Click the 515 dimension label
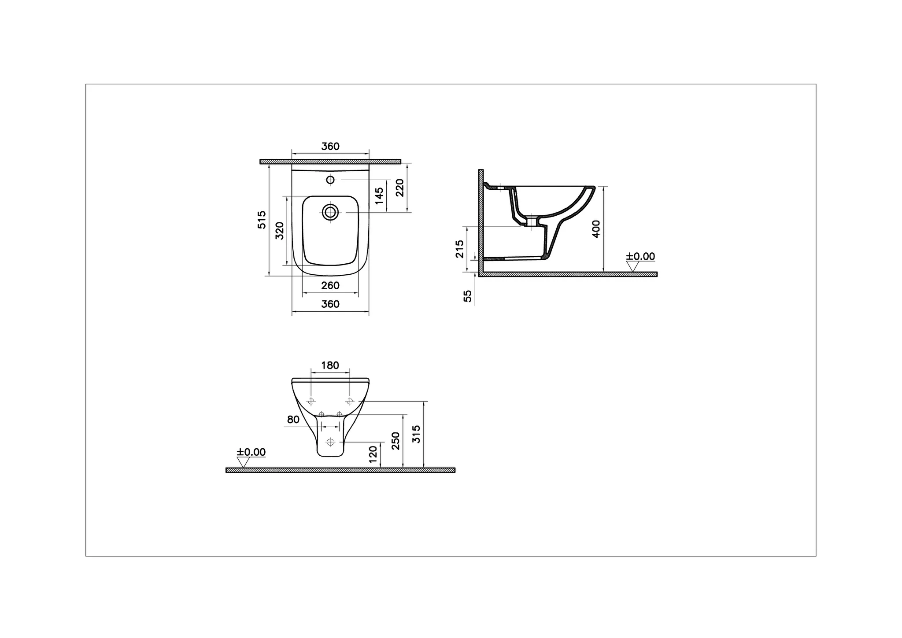coord(262,219)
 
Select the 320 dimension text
coord(280,231)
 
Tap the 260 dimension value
coord(330,286)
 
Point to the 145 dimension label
coord(379,195)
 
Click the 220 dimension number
coord(399,188)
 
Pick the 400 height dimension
coord(596,229)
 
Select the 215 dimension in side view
coord(460,249)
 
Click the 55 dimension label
coord(468,296)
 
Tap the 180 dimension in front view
coord(330,365)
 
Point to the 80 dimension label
coord(293,420)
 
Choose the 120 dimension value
coord(373,454)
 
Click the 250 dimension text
coord(396,441)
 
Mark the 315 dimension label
coord(417,434)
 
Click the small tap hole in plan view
coord(330,180)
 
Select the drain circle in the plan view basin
coord(330,212)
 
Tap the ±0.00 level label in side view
coord(641,256)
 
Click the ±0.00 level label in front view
coord(251,452)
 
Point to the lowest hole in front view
coord(330,441)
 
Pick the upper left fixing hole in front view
coord(311,401)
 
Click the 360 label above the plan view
coord(330,147)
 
